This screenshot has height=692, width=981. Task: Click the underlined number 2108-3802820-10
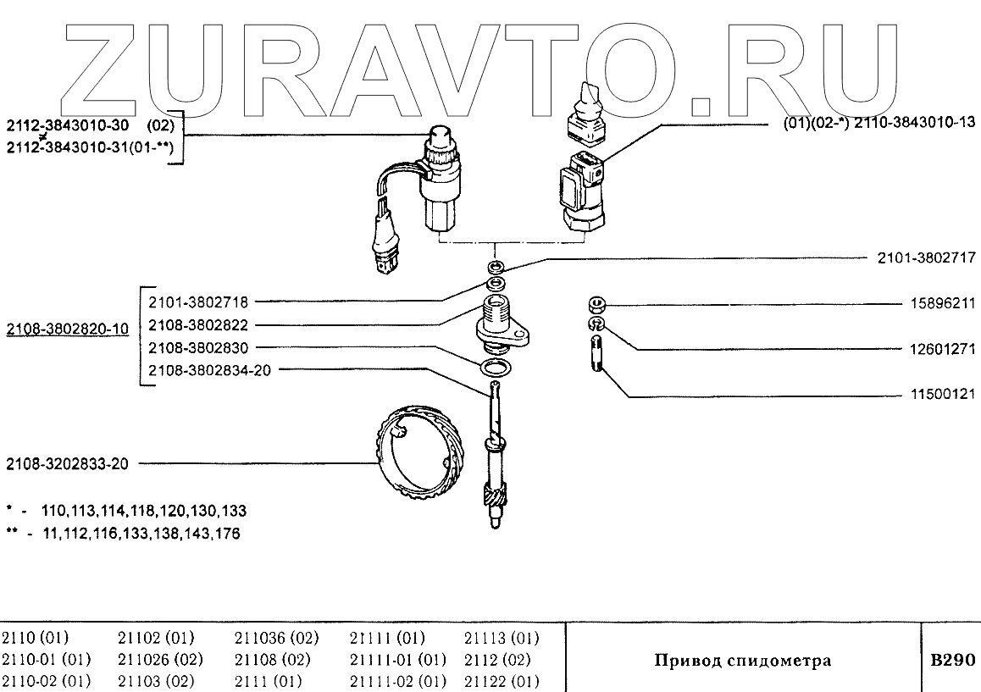click(68, 328)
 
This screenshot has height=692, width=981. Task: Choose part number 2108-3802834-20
click(209, 370)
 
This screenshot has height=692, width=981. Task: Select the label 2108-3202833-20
click(67, 464)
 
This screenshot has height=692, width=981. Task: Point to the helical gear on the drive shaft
click(494, 494)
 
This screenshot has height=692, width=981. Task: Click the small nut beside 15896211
click(596, 303)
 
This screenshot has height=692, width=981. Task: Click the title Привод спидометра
click(742, 661)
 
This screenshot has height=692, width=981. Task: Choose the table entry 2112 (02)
click(497, 659)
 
